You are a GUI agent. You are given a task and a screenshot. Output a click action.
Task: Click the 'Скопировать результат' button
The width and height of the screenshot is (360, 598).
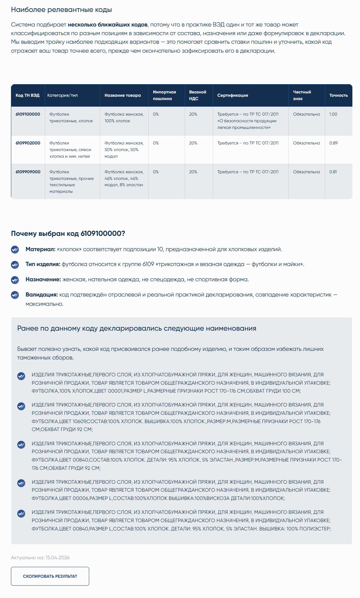click(50, 576)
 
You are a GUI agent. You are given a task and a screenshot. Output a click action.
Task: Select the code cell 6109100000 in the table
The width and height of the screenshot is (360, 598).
click(28, 114)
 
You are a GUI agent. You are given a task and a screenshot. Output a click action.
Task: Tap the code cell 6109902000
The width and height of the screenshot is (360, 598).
click(28, 143)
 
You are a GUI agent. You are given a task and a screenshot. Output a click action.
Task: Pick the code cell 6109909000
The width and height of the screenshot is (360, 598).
click(28, 172)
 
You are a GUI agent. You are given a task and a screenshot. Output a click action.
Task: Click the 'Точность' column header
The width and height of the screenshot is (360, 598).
click(338, 95)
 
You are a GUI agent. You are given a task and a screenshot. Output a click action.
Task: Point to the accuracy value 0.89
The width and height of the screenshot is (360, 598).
click(333, 143)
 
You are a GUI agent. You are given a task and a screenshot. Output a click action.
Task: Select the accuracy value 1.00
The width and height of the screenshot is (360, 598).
click(333, 114)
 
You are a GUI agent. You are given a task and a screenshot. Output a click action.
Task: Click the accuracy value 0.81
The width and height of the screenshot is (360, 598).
click(333, 172)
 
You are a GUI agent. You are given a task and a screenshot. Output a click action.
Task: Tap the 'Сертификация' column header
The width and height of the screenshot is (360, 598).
click(233, 95)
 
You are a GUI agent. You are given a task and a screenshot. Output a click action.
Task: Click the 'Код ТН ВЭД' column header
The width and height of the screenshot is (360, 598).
click(28, 95)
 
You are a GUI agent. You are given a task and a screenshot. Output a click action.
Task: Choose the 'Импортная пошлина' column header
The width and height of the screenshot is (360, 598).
click(164, 95)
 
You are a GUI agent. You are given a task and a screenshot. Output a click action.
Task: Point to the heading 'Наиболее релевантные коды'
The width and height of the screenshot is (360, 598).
click(61, 10)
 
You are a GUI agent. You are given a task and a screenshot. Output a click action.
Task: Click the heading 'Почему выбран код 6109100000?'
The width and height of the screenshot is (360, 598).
click(68, 234)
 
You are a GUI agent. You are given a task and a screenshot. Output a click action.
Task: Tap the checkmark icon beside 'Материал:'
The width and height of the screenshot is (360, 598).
click(15, 249)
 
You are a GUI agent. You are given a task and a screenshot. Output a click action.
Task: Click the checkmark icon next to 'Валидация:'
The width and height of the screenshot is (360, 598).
click(15, 295)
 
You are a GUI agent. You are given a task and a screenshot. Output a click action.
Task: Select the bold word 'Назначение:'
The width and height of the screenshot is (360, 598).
click(43, 280)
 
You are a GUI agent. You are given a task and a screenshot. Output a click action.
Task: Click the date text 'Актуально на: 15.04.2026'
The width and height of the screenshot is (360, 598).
click(40, 558)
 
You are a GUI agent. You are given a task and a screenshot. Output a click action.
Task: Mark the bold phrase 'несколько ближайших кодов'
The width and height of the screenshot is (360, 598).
click(107, 25)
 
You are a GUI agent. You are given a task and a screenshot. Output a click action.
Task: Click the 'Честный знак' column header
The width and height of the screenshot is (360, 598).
click(302, 95)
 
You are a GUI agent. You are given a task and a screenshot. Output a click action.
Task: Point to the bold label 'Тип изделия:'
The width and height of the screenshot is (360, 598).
click(43, 264)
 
